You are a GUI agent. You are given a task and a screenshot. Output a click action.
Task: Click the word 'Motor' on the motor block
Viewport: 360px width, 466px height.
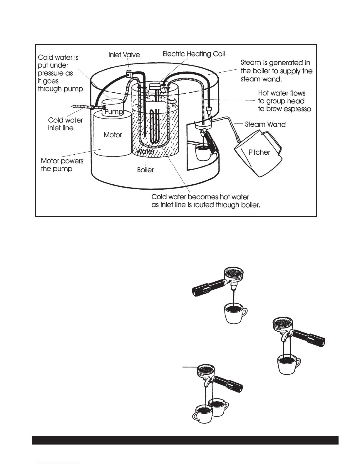(x=113, y=135)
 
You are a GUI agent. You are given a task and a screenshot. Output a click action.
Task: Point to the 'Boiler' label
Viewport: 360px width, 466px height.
(x=145, y=170)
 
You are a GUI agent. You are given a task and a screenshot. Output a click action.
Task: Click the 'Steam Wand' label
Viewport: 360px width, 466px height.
(x=265, y=124)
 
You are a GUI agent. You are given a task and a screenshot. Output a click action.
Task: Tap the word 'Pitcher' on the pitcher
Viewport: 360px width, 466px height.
(x=259, y=152)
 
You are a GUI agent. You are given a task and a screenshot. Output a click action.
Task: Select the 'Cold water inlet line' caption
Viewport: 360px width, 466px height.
(x=65, y=124)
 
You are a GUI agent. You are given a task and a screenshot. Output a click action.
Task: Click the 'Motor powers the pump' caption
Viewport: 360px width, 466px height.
(x=62, y=165)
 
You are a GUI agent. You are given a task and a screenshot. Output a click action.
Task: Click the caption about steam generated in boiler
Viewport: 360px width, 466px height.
(x=276, y=71)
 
